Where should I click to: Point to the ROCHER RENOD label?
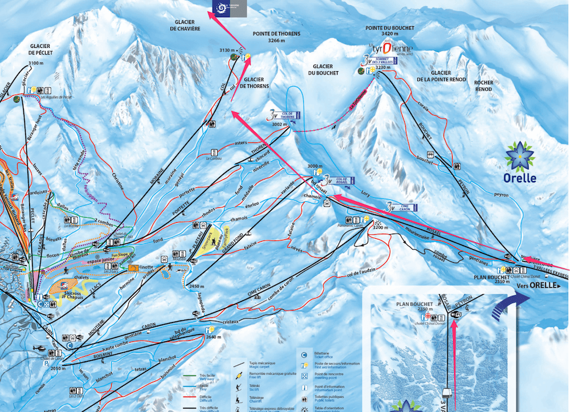[483, 86]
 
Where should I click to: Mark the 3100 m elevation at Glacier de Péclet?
[35, 63]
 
